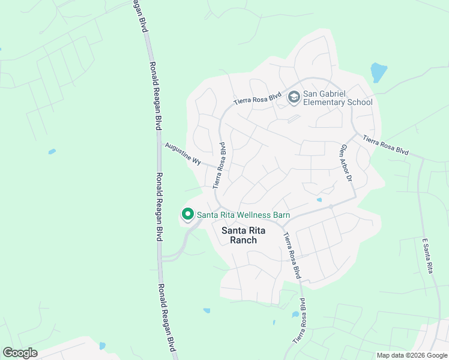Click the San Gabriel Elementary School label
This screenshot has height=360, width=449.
coord(337,98)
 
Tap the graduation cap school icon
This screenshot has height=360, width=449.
coord(294,97)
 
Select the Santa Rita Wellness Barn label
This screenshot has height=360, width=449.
coord(243,215)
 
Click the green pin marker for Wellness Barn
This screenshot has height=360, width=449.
coord(187,214)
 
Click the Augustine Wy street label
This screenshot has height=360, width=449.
coord(182,152)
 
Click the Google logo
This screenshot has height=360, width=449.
coord(20,353)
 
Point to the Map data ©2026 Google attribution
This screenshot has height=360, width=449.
coord(411,355)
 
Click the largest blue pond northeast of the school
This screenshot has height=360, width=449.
coord(379,72)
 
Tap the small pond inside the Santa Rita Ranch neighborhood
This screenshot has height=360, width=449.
coord(319,200)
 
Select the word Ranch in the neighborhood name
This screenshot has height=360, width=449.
coord(244,240)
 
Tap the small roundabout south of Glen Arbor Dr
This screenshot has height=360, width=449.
coord(331,206)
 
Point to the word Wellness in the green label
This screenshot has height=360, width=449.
coord(253,215)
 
